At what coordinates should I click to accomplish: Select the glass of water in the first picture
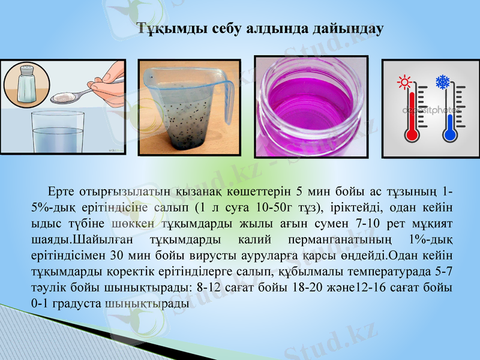(57, 134)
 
